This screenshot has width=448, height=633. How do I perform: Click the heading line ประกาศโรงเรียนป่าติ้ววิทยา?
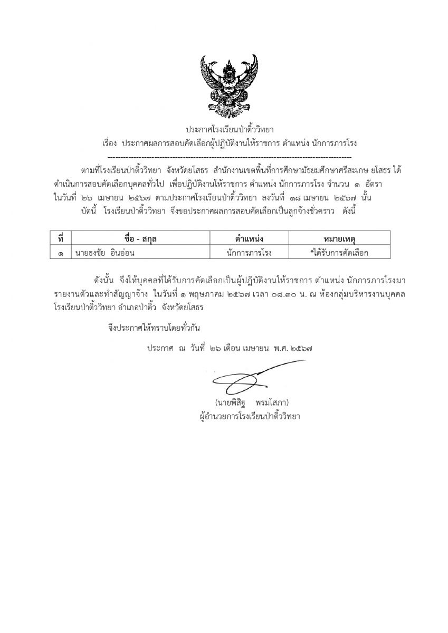click(230, 129)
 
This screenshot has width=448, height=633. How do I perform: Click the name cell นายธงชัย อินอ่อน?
click(106, 253)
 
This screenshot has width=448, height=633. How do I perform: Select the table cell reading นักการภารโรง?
click(249, 253)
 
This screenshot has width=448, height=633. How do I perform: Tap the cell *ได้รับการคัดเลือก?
click(339, 253)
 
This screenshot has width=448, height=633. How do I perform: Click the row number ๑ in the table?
click(61, 253)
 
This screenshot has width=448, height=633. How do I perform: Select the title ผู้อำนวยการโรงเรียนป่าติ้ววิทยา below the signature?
click(246, 416)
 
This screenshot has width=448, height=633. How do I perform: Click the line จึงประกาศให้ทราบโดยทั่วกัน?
click(153, 328)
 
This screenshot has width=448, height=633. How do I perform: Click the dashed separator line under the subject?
click(230, 157)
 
